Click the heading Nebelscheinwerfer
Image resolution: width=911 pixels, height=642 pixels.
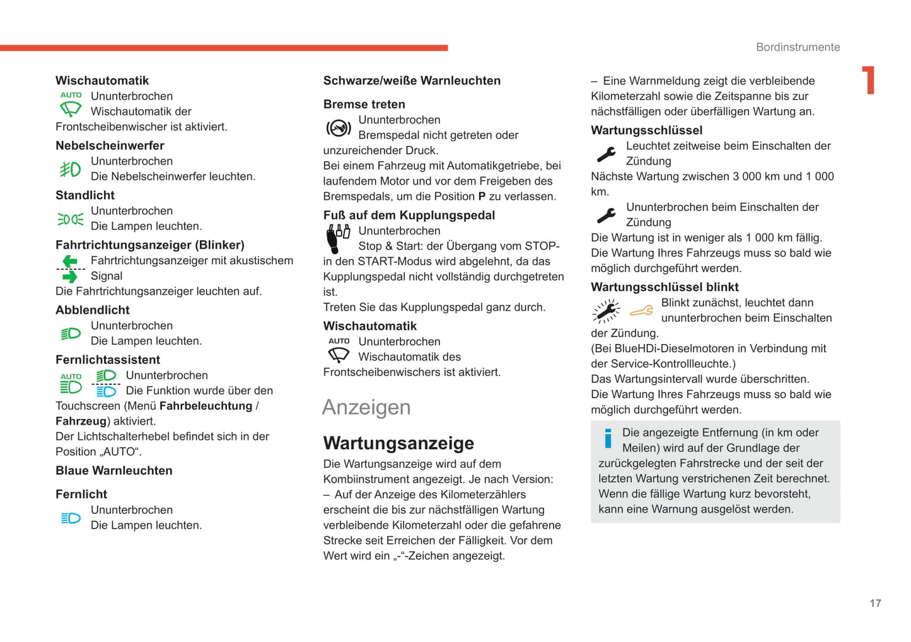click(x=110, y=146)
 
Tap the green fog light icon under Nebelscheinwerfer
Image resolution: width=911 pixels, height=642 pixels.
click(x=70, y=169)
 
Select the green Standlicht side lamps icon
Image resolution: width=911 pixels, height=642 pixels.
click(x=70, y=219)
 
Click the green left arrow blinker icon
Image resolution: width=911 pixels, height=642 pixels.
click(x=70, y=261)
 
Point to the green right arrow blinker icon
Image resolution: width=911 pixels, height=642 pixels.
click(x=70, y=277)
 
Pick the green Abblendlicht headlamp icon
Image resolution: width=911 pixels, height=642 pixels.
click(x=71, y=333)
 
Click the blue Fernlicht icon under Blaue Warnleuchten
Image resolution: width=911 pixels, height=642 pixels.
click(x=71, y=518)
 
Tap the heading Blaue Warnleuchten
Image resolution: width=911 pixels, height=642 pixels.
click(x=113, y=471)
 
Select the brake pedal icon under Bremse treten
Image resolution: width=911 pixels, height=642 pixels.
click(x=339, y=128)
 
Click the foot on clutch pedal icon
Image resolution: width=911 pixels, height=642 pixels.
click(x=337, y=239)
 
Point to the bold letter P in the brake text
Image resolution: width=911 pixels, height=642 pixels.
click(x=482, y=197)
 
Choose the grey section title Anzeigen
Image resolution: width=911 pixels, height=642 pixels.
click(x=366, y=407)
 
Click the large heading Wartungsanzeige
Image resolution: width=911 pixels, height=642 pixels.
click(x=398, y=443)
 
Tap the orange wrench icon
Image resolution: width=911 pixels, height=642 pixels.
click(x=641, y=311)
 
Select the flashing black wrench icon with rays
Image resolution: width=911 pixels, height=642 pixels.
click(x=606, y=311)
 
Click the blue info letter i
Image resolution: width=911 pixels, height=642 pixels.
click(x=608, y=439)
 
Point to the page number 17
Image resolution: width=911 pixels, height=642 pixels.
click(x=875, y=603)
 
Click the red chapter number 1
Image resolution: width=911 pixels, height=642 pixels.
click(x=869, y=80)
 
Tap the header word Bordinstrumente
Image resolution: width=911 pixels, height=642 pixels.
click(x=798, y=47)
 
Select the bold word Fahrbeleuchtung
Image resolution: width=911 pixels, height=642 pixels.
click(x=206, y=406)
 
